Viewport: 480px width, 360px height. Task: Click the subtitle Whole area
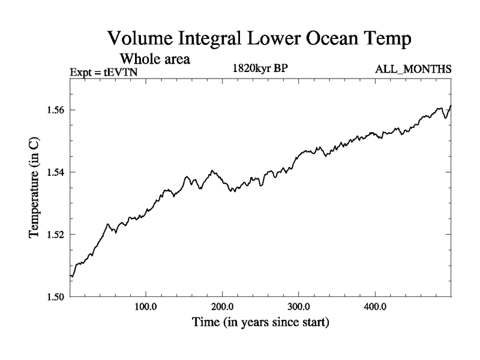coord(155,59)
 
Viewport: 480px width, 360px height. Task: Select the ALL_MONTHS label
coord(413,70)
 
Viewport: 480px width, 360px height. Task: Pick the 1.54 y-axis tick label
coord(55,172)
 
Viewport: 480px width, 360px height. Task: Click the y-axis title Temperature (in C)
coord(34,188)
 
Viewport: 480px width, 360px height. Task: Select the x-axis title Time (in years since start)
coord(260,323)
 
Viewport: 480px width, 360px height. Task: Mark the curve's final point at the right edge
coord(451,106)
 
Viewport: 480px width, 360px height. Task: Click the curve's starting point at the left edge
coord(71,276)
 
